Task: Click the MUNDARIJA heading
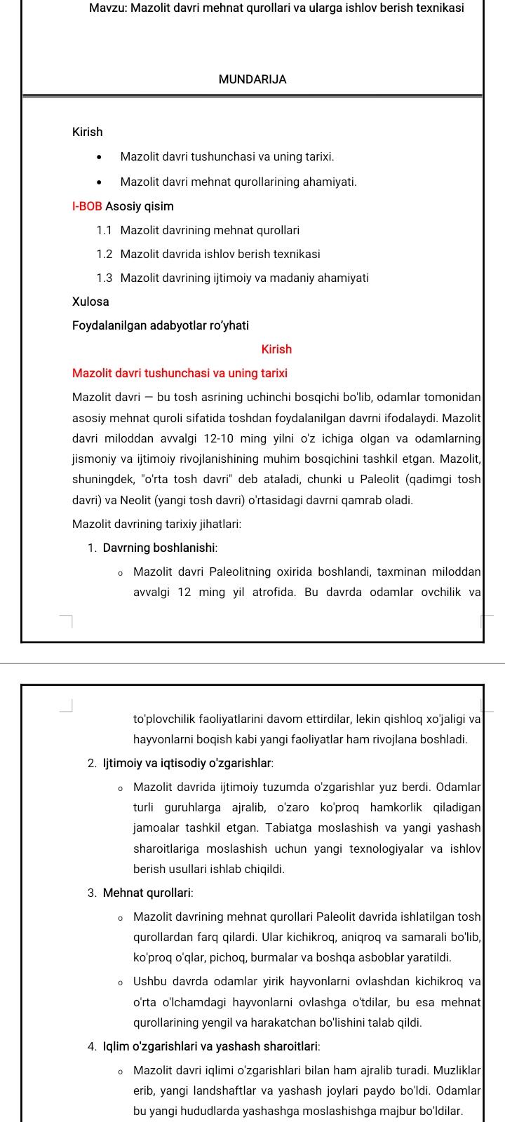click(x=252, y=79)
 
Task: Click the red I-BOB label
click(x=87, y=206)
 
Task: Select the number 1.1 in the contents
click(x=105, y=230)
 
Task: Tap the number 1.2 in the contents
click(x=105, y=254)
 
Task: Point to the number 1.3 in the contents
click(x=105, y=278)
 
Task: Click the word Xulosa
click(x=90, y=302)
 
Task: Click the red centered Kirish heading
click(x=276, y=349)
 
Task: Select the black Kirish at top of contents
click(x=87, y=132)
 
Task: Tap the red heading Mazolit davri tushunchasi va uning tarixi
click(x=180, y=373)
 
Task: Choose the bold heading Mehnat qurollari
click(x=148, y=893)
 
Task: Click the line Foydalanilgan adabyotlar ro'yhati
click(x=160, y=325)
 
